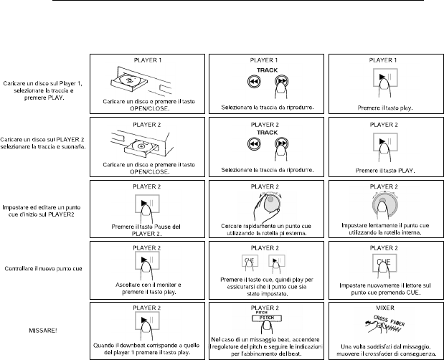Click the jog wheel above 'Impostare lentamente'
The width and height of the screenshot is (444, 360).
[382, 207]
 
